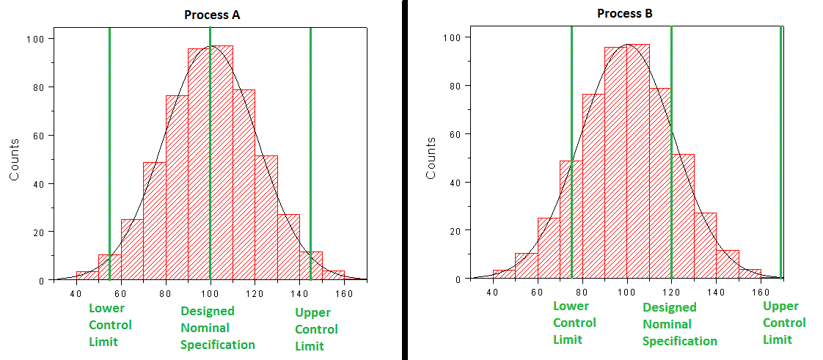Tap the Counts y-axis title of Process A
(15, 159)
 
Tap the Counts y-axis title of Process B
(431, 158)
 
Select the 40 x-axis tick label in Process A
(76, 294)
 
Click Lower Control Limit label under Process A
(110, 325)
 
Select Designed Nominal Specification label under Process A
(218, 328)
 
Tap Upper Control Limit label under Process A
(316, 330)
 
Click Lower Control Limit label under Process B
(574, 323)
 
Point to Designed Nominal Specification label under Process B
(679, 325)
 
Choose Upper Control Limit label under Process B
(784, 323)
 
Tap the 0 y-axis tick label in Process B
(459, 279)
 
